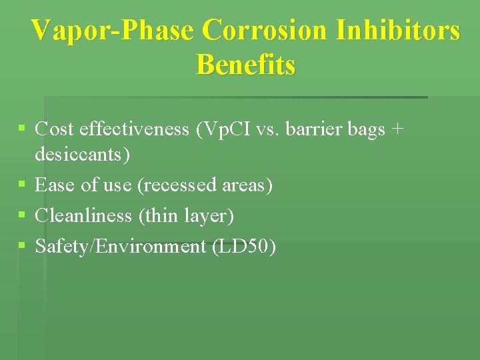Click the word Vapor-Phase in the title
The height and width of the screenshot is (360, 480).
click(113, 31)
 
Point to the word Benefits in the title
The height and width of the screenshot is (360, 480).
click(246, 65)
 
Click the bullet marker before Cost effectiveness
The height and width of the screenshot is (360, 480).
click(23, 127)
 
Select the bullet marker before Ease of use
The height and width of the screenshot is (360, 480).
click(23, 183)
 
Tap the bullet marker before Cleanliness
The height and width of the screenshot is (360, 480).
click(23, 215)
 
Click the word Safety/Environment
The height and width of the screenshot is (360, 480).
click(121, 247)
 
